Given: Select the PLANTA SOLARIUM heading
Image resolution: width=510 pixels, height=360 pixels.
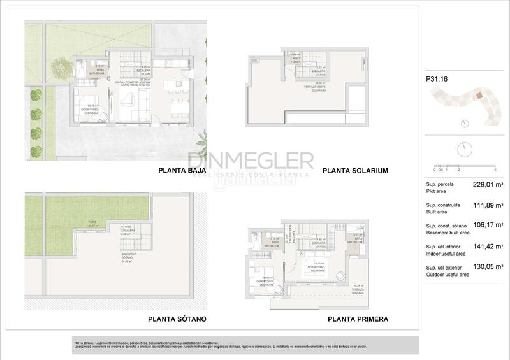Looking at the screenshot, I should pyautogui.click(x=355, y=171).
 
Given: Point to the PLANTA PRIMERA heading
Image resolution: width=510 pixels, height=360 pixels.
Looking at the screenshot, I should pyautogui.click(x=358, y=319).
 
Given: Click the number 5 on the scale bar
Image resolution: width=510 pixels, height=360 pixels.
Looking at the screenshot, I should pyautogui.click(x=495, y=170).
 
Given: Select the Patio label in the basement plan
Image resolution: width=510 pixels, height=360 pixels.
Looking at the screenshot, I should pyautogui.click(x=92, y=224).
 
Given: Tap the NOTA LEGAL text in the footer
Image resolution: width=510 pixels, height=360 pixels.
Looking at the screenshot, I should pyautogui.click(x=85, y=343).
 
